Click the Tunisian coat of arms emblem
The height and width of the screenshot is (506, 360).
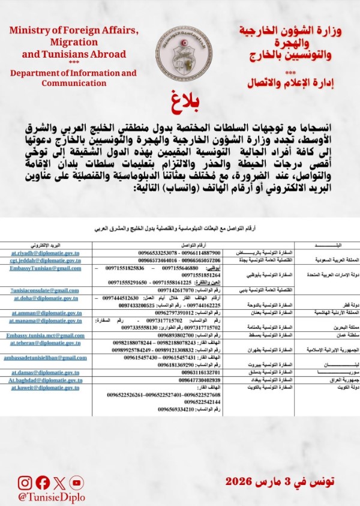180,50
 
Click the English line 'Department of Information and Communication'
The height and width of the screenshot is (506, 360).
73,78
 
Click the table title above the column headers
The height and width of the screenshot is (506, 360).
179,228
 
